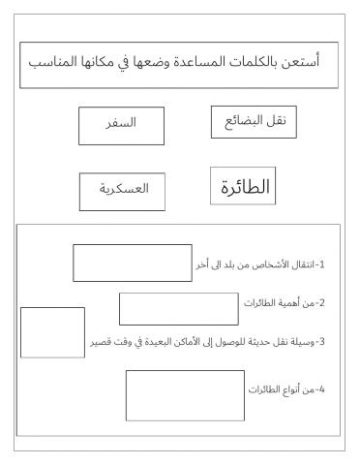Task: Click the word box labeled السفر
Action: [120, 124]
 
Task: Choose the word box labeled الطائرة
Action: [243, 186]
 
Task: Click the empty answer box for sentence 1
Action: [133, 263]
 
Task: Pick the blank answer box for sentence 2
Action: [179, 308]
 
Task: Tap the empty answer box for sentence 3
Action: [52, 331]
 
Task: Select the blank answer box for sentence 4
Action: [171, 395]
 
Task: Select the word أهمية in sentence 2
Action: [295, 303]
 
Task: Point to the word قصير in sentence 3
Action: [101, 342]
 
